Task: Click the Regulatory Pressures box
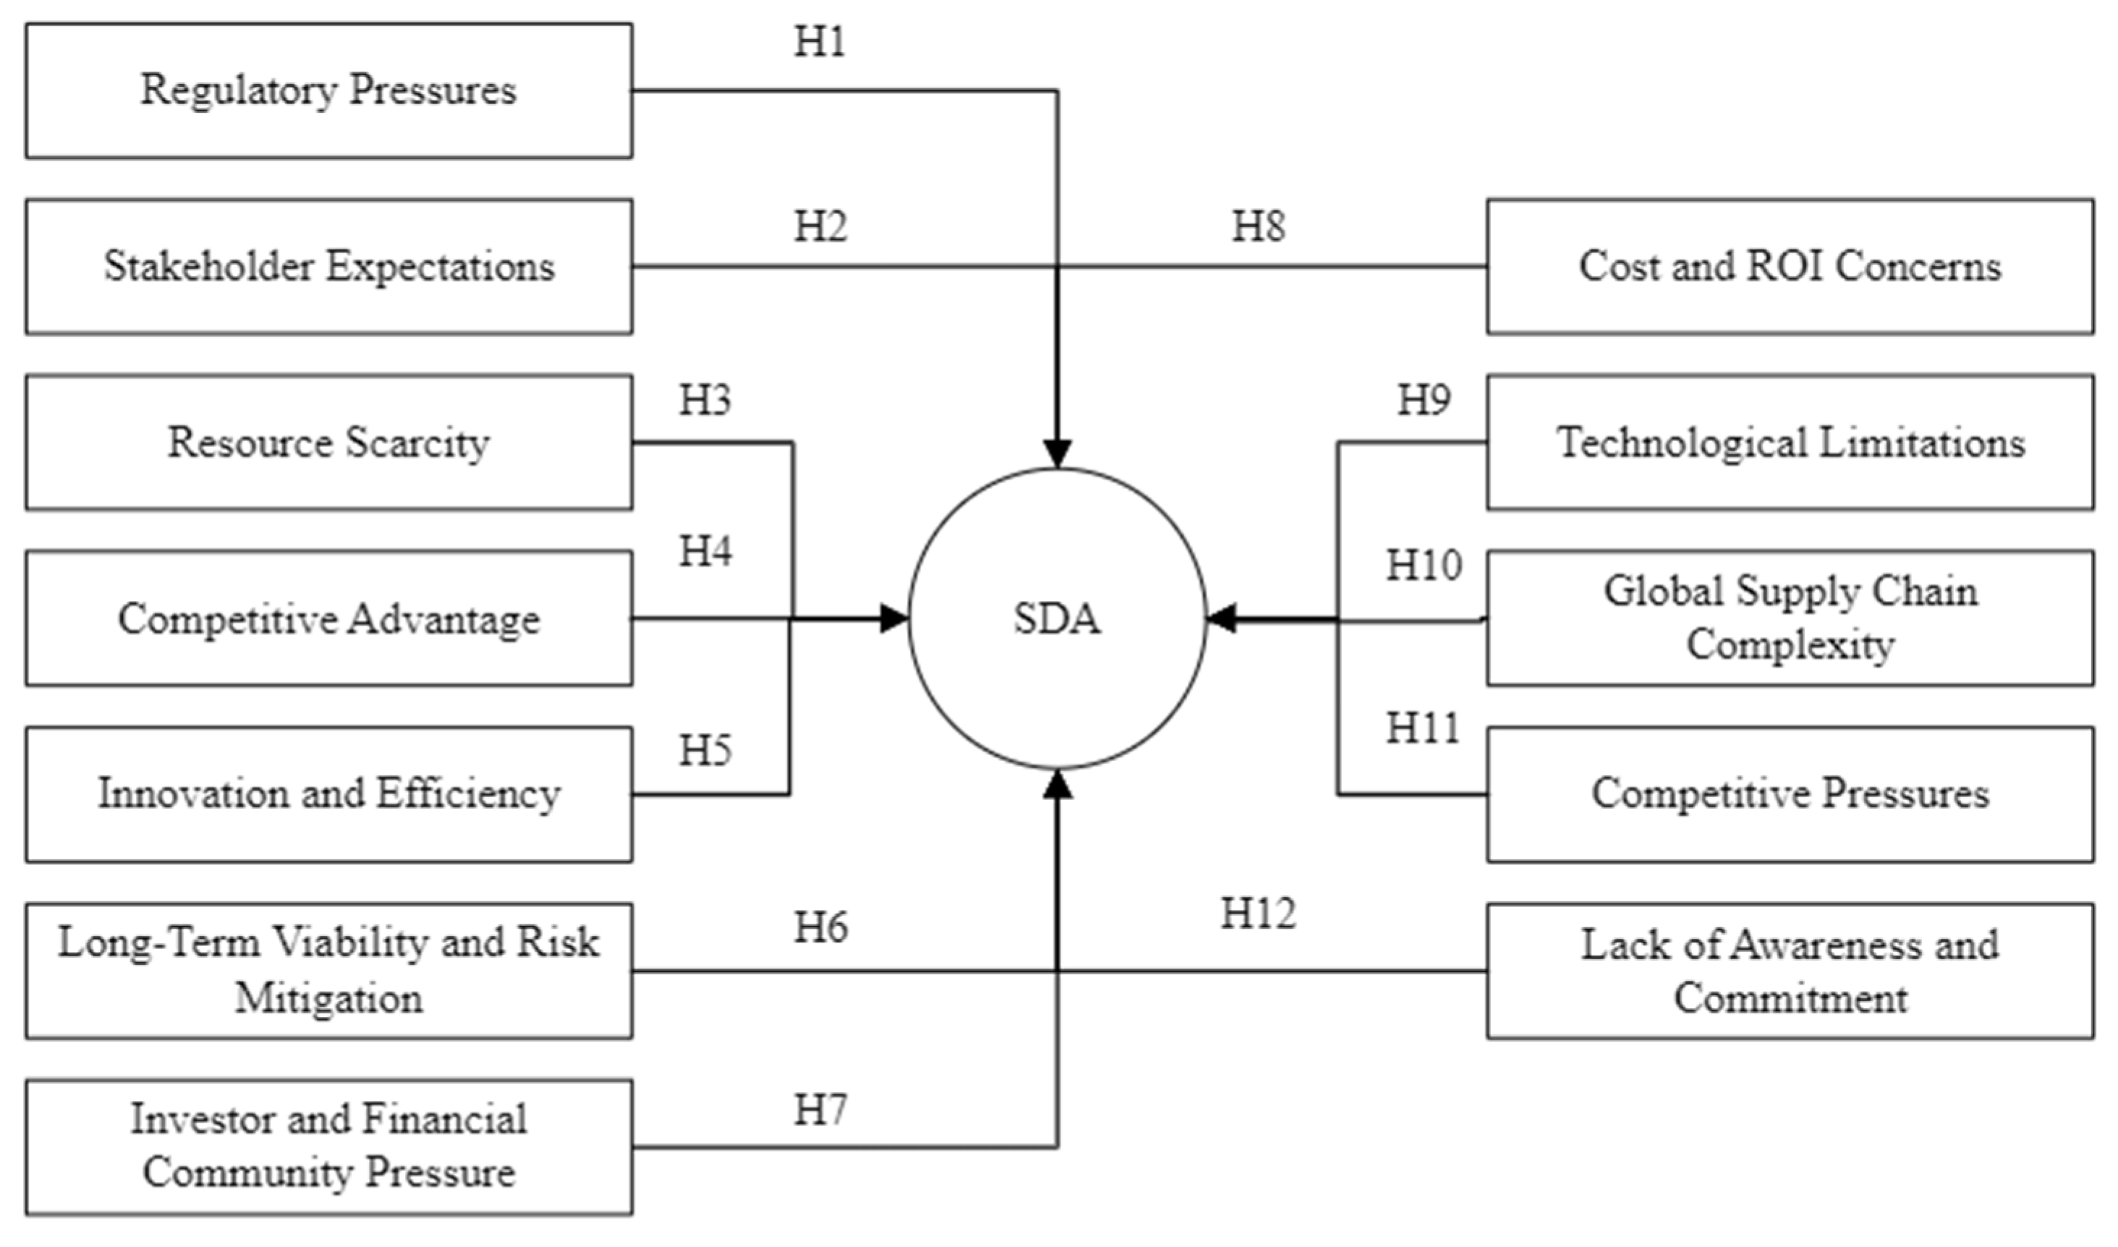pyautogui.click(x=328, y=90)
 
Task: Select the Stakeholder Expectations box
pyautogui.click(x=328, y=266)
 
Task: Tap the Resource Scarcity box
pyautogui.click(x=328, y=442)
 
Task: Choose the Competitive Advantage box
pyautogui.click(x=328, y=618)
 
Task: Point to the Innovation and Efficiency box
pyautogui.click(x=328, y=794)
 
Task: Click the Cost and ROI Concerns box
pyautogui.click(x=1790, y=266)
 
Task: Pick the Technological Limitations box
pyautogui.click(x=1790, y=442)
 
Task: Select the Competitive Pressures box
pyautogui.click(x=1790, y=794)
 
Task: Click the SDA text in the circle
pyautogui.click(x=1057, y=619)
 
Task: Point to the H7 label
pyautogui.click(x=820, y=1110)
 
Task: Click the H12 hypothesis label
pyautogui.click(x=1257, y=914)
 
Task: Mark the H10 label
pyautogui.click(x=1423, y=566)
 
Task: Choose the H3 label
pyautogui.click(x=705, y=401)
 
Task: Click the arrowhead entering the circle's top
pyautogui.click(x=1057, y=454)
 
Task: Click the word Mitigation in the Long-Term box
pyautogui.click(x=328, y=999)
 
